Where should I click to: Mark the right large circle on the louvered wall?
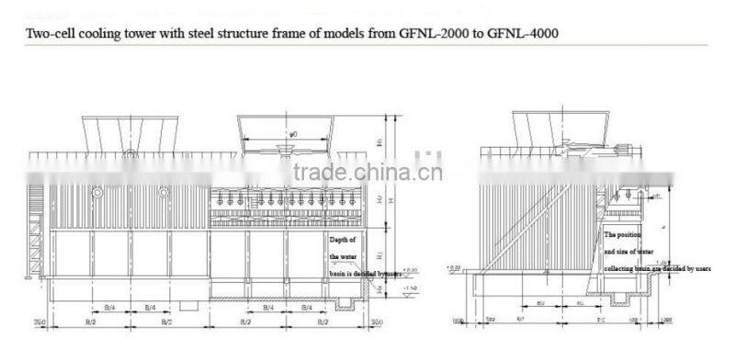[x=164, y=193]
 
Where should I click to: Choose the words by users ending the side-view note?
[x=696, y=269]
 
